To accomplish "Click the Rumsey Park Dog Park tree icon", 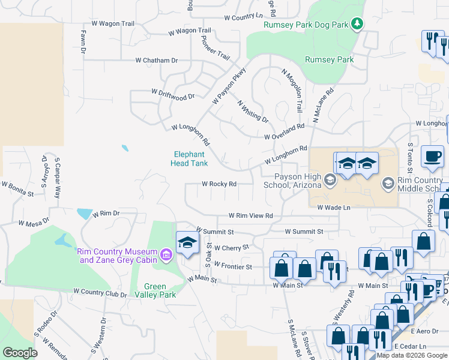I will coord(358,24).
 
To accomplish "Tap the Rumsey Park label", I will coord(329,59).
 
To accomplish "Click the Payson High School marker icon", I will coord(330,179).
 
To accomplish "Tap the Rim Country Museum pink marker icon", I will coord(166,256).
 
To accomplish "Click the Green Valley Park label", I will coord(155,290).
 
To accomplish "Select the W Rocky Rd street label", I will coord(218,184).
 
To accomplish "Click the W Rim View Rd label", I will coord(250,215).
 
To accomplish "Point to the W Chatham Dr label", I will coord(157,61).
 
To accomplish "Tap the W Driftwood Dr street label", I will coord(173,94).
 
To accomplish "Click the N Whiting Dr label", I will coord(253,111).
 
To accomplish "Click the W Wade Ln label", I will coord(333,208).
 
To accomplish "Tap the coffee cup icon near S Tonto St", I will coord(432,157).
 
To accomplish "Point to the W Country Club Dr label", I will coord(100,292).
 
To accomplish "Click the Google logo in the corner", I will coord(20,353).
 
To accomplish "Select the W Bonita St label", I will coord(17,189).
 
